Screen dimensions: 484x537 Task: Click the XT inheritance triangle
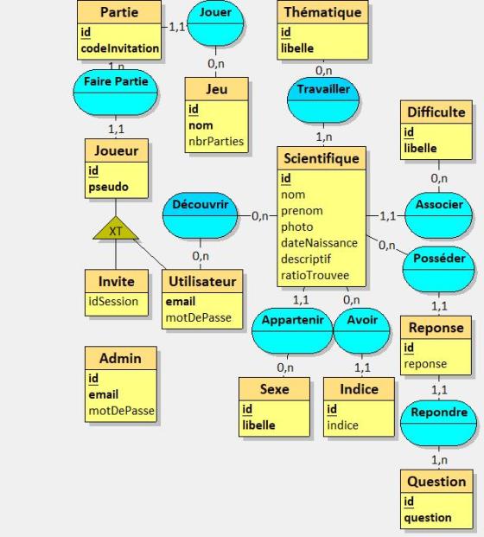116,229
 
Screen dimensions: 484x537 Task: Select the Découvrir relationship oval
201,215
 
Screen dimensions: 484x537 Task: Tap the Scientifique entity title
322,158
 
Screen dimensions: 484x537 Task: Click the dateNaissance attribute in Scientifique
319,243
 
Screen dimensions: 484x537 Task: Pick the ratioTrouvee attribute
315,275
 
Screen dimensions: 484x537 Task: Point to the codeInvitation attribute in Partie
120,48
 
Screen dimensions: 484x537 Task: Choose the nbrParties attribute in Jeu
216,141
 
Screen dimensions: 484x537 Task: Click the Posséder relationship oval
438,269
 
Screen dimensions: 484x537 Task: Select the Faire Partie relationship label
116,81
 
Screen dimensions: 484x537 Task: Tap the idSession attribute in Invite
113,302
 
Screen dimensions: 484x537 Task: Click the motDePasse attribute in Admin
122,411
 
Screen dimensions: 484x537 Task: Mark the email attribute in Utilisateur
181,302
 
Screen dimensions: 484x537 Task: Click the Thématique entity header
322,12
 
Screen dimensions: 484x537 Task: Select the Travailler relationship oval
323,100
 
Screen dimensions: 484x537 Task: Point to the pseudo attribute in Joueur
109,187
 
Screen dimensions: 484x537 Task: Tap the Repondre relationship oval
438,424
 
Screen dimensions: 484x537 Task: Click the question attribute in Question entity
428,517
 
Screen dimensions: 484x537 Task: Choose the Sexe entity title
275,389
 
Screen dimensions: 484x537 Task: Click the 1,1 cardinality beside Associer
387,216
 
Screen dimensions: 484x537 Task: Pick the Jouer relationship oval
216,23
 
